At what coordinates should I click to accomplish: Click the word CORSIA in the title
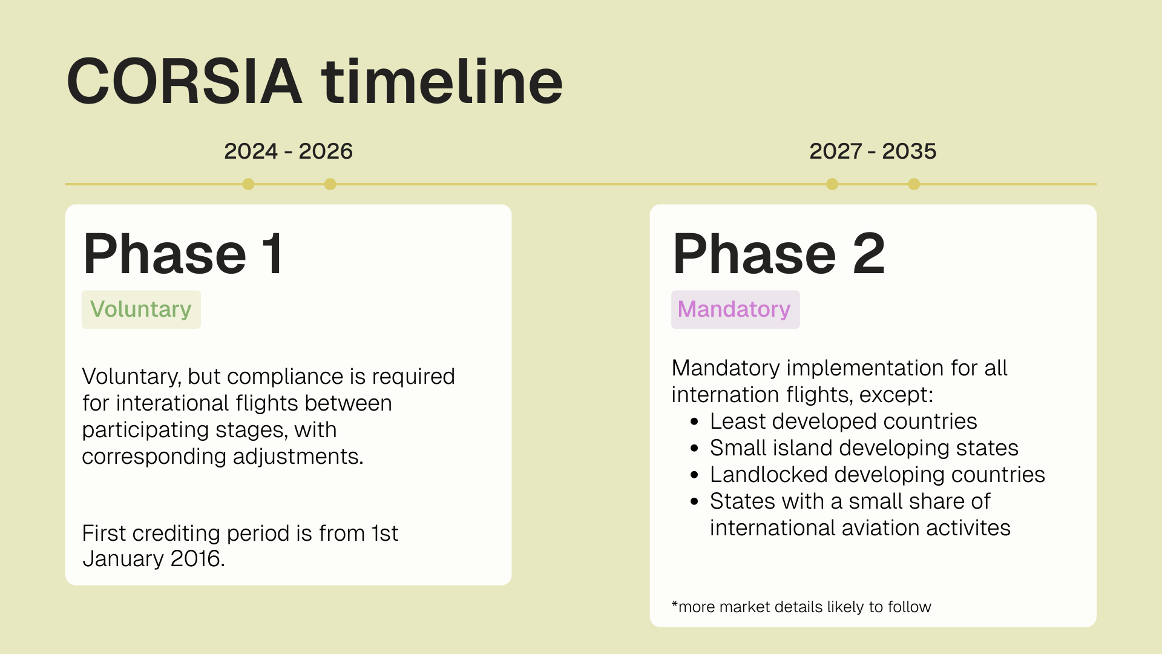[184, 81]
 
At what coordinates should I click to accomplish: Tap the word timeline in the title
[442, 81]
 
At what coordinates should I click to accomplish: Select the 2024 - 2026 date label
[288, 151]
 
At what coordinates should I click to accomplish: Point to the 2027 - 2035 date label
[873, 151]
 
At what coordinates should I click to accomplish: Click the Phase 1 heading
[183, 254]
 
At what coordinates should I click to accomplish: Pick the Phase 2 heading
[778, 254]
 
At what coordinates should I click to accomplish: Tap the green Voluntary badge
[141, 309]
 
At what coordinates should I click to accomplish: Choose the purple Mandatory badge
[735, 309]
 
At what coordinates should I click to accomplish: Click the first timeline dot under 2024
[248, 184]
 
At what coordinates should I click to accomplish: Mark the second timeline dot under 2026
[330, 184]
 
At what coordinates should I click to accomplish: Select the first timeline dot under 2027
[832, 184]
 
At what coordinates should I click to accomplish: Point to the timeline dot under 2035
[914, 184]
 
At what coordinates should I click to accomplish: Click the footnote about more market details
[801, 607]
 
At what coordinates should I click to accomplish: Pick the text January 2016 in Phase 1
[153, 559]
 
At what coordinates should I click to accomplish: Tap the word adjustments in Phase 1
[298, 457]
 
